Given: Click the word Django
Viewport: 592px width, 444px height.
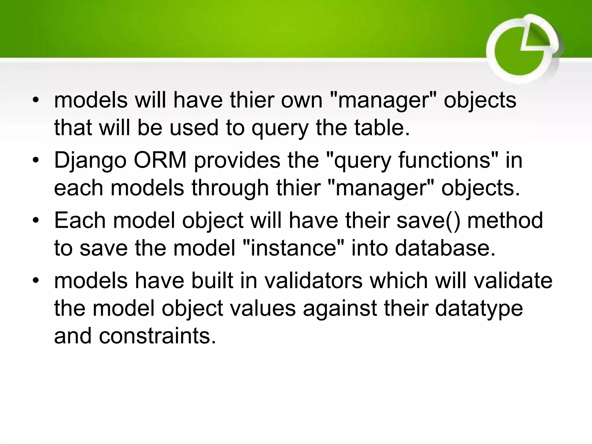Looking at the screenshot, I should click(90, 161).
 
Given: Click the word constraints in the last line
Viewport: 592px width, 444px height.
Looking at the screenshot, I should click(157, 336).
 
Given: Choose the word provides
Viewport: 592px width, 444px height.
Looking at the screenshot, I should click(237, 161).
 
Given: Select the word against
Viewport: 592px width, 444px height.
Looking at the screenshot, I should click(340, 309).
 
